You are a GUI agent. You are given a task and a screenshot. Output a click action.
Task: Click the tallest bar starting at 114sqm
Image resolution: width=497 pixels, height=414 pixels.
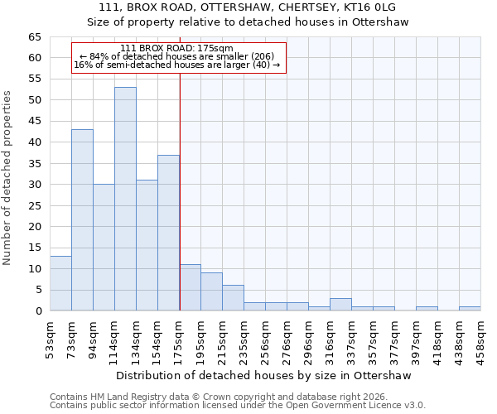tap(125, 199)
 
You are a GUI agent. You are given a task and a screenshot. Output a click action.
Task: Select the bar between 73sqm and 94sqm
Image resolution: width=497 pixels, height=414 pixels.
tap(82, 219)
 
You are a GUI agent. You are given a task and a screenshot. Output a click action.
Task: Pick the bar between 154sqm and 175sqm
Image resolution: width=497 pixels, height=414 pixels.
tap(168, 233)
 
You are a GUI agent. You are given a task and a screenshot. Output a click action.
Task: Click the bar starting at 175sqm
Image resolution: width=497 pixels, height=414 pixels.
tap(190, 287)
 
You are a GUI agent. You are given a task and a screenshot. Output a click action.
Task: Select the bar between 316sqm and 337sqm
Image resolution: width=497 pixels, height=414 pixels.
tap(340, 305)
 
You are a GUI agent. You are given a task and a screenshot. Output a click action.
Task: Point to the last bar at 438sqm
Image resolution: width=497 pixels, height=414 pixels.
tap(470, 309)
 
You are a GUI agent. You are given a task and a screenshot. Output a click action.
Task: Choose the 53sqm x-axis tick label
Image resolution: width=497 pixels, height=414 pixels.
tap(50, 338)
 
